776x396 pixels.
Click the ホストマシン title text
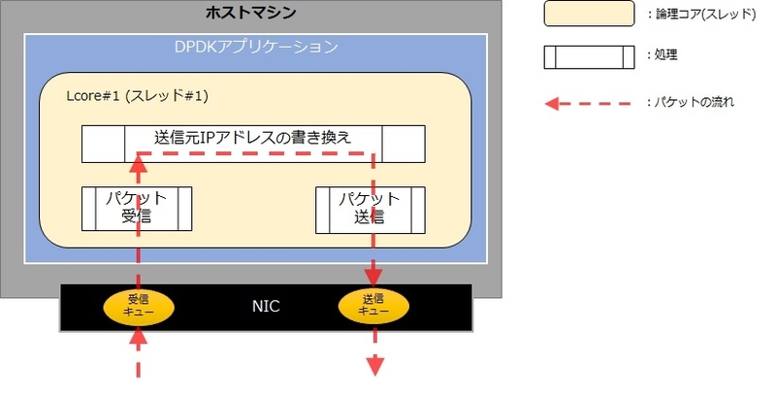(x=251, y=12)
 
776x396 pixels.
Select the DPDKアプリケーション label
(x=256, y=47)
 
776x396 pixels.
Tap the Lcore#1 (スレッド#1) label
(x=138, y=95)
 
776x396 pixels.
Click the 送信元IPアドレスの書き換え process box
(x=253, y=144)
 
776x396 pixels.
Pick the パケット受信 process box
(x=137, y=209)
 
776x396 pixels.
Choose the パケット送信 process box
(x=371, y=210)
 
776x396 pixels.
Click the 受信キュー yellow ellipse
(x=139, y=307)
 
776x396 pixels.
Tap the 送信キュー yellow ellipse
(x=373, y=307)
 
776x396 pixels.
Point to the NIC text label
(x=266, y=307)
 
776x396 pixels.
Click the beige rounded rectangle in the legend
(x=589, y=14)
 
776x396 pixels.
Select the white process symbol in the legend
(x=589, y=57)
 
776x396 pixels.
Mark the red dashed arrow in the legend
(x=588, y=104)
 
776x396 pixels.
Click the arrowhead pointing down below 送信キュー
(x=375, y=366)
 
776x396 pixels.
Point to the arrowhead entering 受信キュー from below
(x=138, y=337)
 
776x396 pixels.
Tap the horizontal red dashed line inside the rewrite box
(x=255, y=153)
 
